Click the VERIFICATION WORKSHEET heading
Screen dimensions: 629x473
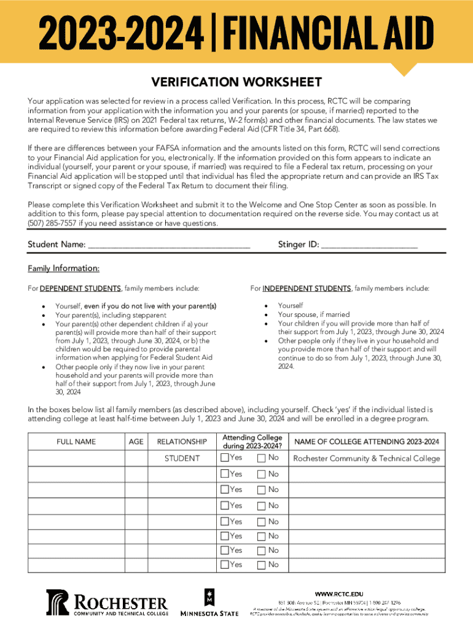pyautogui.click(x=237, y=82)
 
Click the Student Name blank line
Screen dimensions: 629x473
pyautogui.click(x=169, y=245)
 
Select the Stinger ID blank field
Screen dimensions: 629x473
pyautogui.click(x=369, y=245)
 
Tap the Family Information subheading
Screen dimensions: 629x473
pyautogui.click(x=63, y=268)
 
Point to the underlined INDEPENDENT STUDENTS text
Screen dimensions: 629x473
pyautogui.click(x=307, y=289)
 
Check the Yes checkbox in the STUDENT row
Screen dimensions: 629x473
pyautogui.click(x=225, y=458)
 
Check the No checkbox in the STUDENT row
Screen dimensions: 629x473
pyautogui.click(x=262, y=458)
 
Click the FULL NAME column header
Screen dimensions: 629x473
pyautogui.click(x=76, y=442)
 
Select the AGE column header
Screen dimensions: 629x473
pyautogui.click(x=136, y=442)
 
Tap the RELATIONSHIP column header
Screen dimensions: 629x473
pyautogui.click(x=182, y=442)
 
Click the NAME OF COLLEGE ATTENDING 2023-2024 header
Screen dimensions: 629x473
pyautogui.click(x=367, y=442)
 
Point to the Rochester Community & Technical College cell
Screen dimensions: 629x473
pyautogui.click(x=367, y=458)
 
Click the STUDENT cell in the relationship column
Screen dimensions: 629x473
pyautogui.click(x=182, y=458)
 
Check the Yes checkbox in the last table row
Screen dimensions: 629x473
pyautogui.click(x=225, y=565)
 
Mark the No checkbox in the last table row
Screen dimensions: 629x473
pyautogui.click(x=262, y=565)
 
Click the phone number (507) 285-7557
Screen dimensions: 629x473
pyautogui.click(x=52, y=224)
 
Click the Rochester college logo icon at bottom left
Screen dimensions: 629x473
pyautogui.click(x=59, y=603)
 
